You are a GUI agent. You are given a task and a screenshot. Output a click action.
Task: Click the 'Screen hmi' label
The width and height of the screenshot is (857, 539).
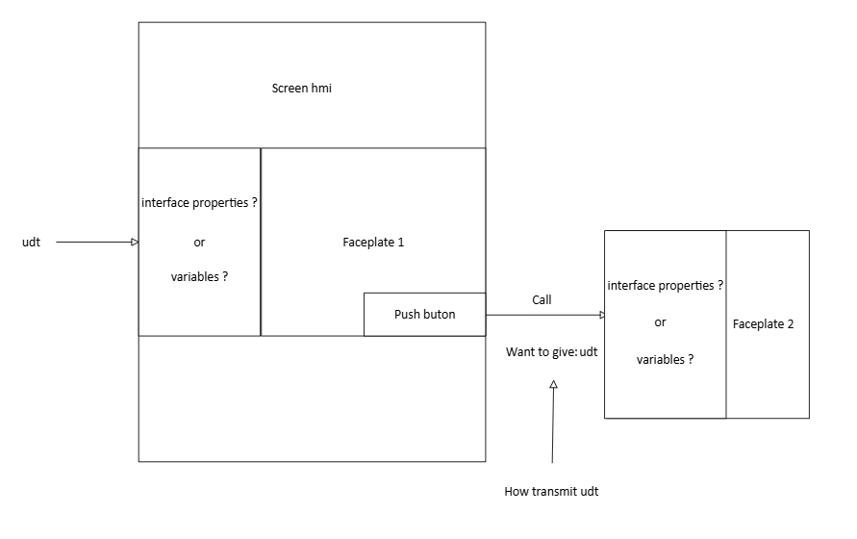[302, 89]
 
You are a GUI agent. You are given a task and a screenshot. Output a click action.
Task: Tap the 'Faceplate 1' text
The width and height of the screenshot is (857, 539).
[373, 243]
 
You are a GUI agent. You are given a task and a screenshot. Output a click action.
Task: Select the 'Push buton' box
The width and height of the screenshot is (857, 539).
[424, 315]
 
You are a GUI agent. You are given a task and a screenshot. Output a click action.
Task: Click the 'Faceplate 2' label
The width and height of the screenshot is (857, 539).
[763, 324]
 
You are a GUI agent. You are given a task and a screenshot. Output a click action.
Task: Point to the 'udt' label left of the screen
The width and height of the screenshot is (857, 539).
[31, 243]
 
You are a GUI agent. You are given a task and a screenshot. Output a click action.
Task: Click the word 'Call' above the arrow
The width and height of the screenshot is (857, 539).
[542, 300]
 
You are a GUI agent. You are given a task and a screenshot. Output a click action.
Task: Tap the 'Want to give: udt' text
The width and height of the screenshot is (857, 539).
[551, 352]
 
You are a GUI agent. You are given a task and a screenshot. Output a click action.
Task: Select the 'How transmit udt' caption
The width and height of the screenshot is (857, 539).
[551, 492]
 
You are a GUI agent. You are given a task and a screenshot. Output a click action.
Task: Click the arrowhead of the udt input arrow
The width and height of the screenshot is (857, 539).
[135, 243]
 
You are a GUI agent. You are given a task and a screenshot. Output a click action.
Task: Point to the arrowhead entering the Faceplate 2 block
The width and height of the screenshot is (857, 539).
[601, 315]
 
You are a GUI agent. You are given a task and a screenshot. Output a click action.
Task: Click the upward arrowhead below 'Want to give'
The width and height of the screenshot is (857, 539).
[553, 384]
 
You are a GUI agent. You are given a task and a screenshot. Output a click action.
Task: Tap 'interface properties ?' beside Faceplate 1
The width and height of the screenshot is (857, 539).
[200, 203]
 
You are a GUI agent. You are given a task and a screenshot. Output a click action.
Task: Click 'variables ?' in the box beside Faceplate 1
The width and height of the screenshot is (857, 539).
[199, 277]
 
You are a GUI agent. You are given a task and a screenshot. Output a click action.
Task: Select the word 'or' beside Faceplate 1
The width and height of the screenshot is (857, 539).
[199, 243]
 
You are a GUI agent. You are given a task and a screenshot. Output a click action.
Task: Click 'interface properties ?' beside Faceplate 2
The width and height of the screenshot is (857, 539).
[666, 286]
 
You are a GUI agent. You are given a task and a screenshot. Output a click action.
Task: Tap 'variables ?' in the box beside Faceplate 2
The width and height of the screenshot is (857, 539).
[665, 360]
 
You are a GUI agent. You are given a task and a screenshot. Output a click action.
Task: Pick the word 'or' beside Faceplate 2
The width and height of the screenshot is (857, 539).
[660, 323]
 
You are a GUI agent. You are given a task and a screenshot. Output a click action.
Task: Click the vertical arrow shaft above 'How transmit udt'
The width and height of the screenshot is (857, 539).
[553, 428]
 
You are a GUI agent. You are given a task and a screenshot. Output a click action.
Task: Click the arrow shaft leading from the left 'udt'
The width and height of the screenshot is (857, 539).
[91, 243]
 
